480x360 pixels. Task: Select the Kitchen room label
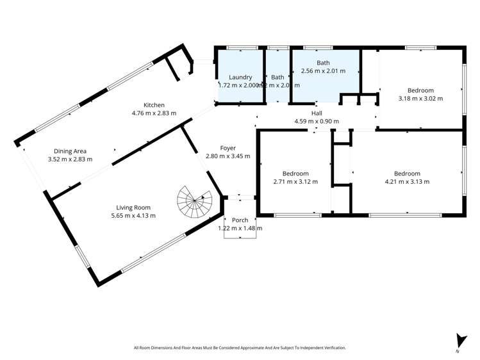click(154, 105)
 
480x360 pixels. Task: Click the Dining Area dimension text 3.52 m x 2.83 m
click(70, 160)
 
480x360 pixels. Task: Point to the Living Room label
click(133, 207)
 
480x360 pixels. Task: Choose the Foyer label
click(228, 148)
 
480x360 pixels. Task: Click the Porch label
click(240, 220)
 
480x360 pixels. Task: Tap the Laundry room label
click(240, 77)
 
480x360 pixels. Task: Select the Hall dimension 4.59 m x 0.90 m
click(316, 121)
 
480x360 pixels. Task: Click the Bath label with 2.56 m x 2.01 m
click(323, 63)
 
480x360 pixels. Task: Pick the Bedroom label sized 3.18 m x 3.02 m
click(420, 90)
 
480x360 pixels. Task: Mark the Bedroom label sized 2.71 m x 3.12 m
click(295, 174)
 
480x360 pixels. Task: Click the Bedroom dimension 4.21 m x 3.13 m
click(407, 182)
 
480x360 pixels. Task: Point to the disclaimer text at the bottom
click(240, 348)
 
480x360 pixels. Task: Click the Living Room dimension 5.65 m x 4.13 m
click(133, 215)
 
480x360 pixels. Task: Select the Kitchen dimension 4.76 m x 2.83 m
click(154, 113)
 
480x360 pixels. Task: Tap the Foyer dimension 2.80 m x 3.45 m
click(228, 156)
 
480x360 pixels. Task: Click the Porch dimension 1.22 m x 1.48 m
click(240, 228)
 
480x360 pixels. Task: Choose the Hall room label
click(316, 113)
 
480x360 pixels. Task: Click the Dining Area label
click(70, 151)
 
